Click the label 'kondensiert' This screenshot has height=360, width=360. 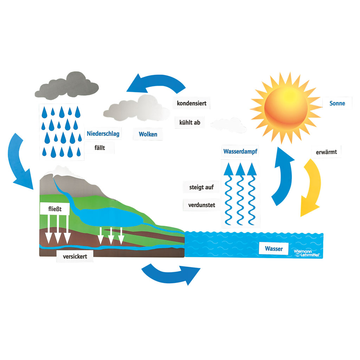click(x=192, y=103)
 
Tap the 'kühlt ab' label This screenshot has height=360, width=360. click(x=189, y=122)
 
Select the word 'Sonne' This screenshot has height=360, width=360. click(x=337, y=103)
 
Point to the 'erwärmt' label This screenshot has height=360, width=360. click(x=326, y=152)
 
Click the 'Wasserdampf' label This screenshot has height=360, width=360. click(x=241, y=152)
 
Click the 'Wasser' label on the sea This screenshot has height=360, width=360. click(x=274, y=249)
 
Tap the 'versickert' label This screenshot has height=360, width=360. click(x=75, y=257)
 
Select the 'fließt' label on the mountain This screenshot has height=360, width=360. click(x=55, y=210)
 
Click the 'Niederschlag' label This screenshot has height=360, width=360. click(x=103, y=134)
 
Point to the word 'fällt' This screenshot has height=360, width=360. click(x=99, y=148)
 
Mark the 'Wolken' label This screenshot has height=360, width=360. click(x=148, y=134)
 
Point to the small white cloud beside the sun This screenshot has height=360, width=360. click(x=229, y=124)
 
